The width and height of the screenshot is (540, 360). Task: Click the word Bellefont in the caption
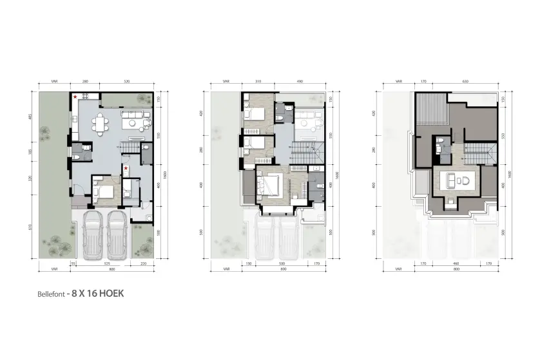(51, 294)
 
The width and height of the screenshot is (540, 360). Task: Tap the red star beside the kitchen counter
(76, 97)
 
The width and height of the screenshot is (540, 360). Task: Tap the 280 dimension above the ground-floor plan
(84, 82)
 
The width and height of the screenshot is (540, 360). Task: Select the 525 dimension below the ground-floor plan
(106, 263)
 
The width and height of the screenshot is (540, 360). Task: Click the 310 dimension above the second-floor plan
(257, 82)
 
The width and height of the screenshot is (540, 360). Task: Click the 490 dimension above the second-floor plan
(300, 82)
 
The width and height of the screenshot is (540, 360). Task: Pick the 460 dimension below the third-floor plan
(456, 263)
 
